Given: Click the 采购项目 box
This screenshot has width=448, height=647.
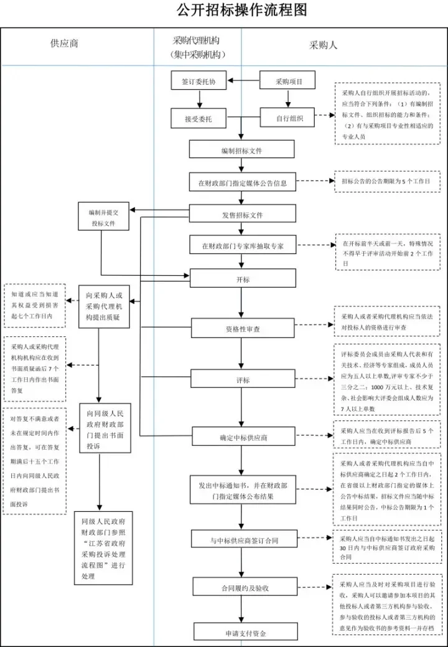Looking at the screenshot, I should click(287, 81).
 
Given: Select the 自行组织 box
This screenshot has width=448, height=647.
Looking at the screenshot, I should click(287, 118).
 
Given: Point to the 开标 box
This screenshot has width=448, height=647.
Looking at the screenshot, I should click(242, 279).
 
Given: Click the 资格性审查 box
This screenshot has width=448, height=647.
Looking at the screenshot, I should click(242, 328).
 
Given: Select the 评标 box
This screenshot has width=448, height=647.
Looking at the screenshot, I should click(242, 379).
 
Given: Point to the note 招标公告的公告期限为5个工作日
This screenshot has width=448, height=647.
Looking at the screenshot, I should click(386, 181).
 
